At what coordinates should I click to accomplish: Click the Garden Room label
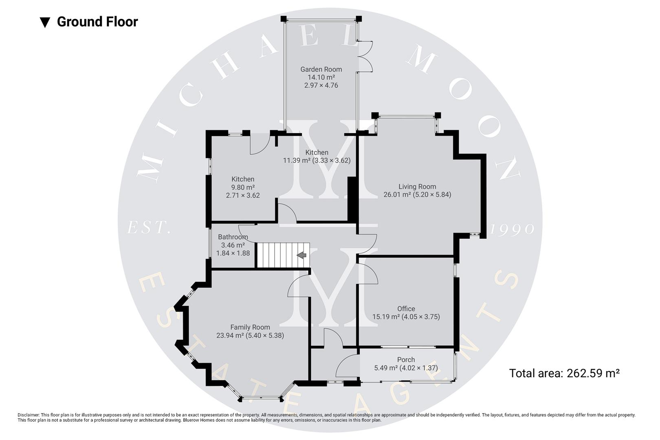pyautogui.click(x=321, y=69)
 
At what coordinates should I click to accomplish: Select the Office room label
pyautogui.click(x=406, y=309)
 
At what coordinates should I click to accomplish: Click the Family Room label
pyautogui.click(x=250, y=327)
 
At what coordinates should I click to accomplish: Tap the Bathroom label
pyautogui.click(x=233, y=237)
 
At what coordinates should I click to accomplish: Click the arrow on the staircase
pyautogui.click(x=301, y=255)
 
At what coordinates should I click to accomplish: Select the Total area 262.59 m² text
pyautogui.click(x=564, y=373)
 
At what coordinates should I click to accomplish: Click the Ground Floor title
pyautogui.click(x=97, y=22)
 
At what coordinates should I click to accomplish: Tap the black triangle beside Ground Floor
pyautogui.click(x=45, y=22)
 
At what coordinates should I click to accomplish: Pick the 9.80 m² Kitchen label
pyautogui.click(x=243, y=187)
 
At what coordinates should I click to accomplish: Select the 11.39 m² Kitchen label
pyautogui.click(x=317, y=156)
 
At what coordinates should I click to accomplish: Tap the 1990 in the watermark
pyautogui.click(x=512, y=229)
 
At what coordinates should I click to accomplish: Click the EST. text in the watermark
pyautogui.click(x=148, y=228)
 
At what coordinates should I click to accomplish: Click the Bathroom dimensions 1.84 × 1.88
pyautogui.click(x=233, y=253)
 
